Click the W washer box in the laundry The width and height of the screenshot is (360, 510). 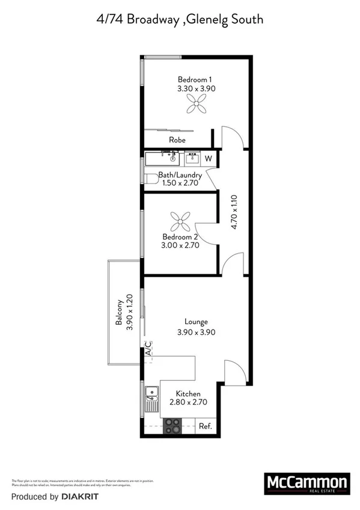point(209,159)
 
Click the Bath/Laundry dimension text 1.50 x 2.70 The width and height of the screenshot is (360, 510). point(178,183)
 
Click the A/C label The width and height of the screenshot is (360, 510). point(147,349)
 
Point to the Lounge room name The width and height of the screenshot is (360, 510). point(196,322)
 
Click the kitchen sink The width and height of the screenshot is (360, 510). point(151,395)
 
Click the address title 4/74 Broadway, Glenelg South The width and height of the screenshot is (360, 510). point(180,19)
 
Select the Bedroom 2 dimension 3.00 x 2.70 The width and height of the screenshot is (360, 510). point(180,245)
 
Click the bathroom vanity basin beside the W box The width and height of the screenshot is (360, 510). point(192,158)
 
